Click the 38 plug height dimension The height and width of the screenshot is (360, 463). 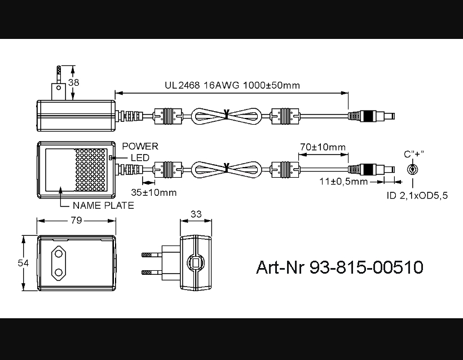[73, 82]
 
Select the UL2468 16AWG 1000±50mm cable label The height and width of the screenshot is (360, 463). [232, 85]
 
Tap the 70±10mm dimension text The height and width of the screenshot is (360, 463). [323, 147]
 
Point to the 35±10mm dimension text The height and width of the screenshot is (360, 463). [153, 192]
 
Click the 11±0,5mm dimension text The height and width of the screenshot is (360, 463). [343, 181]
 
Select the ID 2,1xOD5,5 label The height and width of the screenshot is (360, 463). [417, 195]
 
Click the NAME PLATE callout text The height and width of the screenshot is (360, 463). [103, 205]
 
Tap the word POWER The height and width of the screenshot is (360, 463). [140, 146]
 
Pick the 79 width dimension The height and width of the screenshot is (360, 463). [76, 220]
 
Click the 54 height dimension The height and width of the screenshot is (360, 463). [23, 263]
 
